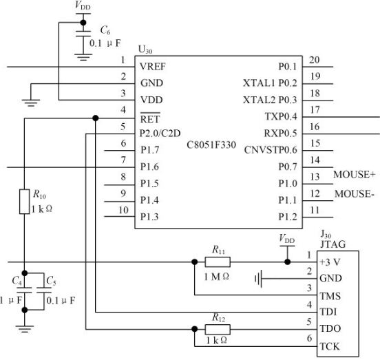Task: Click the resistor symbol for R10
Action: click(x=25, y=202)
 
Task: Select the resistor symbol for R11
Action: click(x=218, y=262)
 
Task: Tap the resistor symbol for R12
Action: click(x=218, y=329)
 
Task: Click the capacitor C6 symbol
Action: click(x=83, y=34)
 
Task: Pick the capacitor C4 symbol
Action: click(x=25, y=290)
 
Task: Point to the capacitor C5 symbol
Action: click(x=44, y=290)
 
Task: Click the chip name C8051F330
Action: click(x=211, y=145)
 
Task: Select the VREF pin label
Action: click(x=153, y=66)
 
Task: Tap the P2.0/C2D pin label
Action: click(x=160, y=134)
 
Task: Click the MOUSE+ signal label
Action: click(x=355, y=174)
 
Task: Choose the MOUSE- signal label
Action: click(x=355, y=194)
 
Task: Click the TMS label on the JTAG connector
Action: click(x=330, y=296)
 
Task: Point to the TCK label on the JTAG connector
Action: click(x=330, y=346)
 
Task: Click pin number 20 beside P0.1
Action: click(x=315, y=60)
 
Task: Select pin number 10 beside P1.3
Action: click(x=123, y=210)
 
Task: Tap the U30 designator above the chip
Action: click(x=145, y=50)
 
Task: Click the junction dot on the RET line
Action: click(x=96, y=118)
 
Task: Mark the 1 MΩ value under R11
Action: click(x=216, y=277)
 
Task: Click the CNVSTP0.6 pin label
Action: click(x=271, y=150)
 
